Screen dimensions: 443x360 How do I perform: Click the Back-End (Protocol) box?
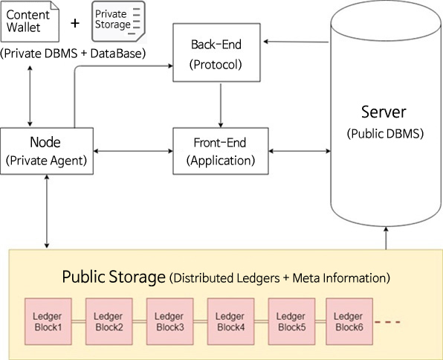(x=216, y=53)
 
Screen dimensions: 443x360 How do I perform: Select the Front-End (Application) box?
(x=220, y=151)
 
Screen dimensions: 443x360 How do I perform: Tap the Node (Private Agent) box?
(x=47, y=151)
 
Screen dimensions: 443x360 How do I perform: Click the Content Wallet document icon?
(x=30, y=22)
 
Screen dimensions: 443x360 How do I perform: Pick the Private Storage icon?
(x=118, y=22)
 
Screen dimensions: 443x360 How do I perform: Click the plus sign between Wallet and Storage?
(x=75, y=23)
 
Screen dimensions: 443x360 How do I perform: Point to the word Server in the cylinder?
(x=384, y=112)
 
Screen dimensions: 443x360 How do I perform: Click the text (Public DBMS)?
(x=385, y=133)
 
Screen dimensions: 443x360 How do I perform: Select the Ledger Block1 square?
(x=48, y=321)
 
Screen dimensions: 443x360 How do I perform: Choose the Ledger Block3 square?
(x=169, y=321)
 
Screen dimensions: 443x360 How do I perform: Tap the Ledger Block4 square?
(x=230, y=321)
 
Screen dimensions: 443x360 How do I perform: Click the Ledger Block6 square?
(x=349, y=321)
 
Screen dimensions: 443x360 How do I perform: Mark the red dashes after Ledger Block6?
(x=387, y=322)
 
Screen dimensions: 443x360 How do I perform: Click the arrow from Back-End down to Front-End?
(x=221, y=106)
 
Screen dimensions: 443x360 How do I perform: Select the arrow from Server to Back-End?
(x=296, y=42)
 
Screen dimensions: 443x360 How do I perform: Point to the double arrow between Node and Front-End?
(x=133, y=151)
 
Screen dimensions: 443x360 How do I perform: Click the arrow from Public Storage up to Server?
(x=386, y=238)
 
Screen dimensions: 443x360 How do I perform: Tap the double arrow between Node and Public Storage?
(x=47, y=211)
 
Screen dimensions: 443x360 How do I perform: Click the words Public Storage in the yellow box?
(x=114, y=277)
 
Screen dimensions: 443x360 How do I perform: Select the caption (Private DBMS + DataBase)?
(x=73, y=54)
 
